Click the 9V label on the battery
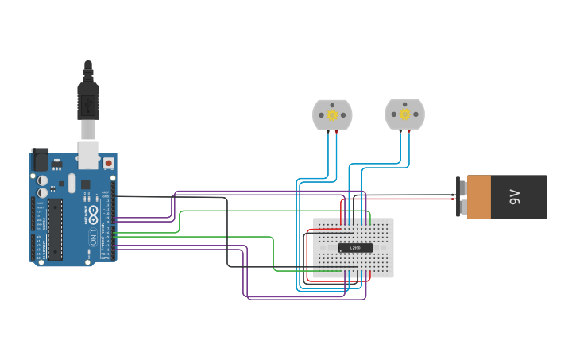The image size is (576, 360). tap(514, 197)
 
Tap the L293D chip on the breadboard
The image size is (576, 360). tap(355, 248)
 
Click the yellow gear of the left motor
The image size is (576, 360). tap(332, 114)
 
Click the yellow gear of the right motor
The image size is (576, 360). tap(404, 114)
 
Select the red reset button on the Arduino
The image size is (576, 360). tap(108, 163)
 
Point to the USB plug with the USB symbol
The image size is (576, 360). tap(87, 103)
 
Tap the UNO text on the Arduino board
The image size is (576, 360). tap(93, 236)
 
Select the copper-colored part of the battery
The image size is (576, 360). tap(479, 197)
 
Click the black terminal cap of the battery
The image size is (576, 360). tap(461, 197)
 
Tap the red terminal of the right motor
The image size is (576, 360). tap(409, 130)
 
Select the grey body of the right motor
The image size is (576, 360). tap(392, 114)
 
